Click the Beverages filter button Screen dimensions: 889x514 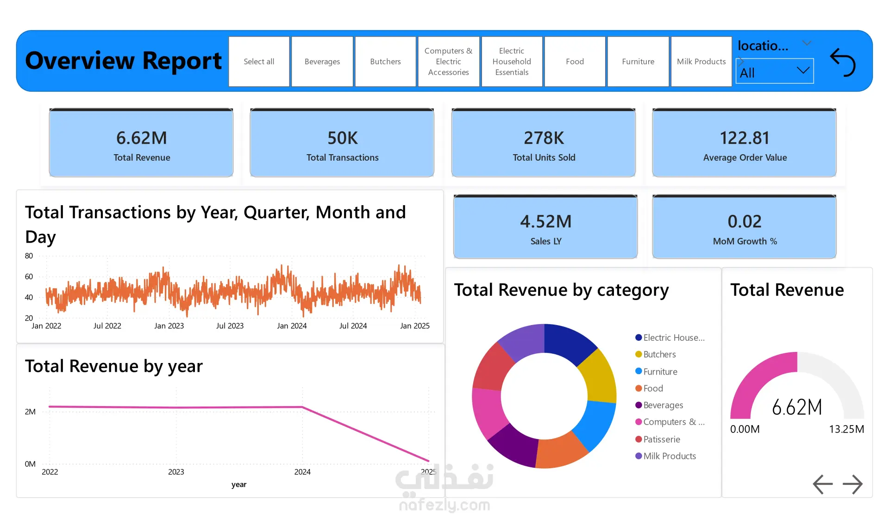[322, 62]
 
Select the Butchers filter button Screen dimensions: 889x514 [385, 62]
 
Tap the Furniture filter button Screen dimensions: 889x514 [638, 62]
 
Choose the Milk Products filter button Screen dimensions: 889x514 [701, 62]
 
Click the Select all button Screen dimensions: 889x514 [259, 62]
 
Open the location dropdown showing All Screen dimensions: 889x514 [775, 71]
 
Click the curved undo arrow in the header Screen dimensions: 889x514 [843, 62]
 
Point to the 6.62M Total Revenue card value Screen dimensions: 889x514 [142, 138]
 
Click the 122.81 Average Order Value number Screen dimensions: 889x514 [745, 138]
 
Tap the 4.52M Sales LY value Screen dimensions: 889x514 [546, 222]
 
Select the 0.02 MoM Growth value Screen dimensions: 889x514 [745, 222]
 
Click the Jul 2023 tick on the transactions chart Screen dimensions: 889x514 [230, 326]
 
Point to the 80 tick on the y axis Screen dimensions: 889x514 [29, 256]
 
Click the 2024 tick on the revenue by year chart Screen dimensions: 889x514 [302, 472]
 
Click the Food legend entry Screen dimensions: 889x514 [649, 389]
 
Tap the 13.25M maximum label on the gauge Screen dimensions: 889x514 [846, 429]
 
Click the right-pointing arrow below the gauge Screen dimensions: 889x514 [852, 484]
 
